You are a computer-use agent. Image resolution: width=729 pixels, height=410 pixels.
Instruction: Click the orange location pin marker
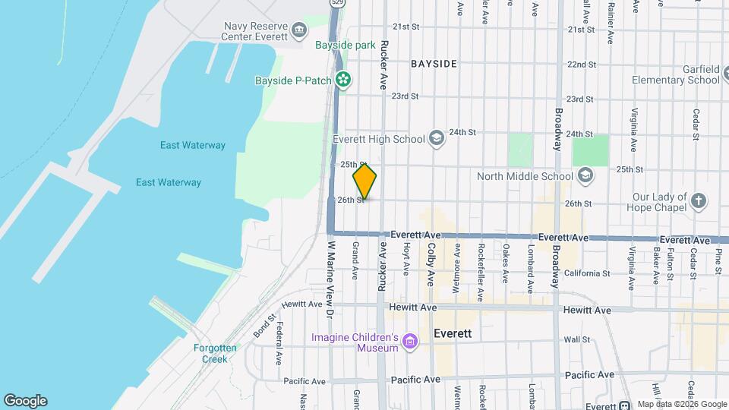click(364, 181)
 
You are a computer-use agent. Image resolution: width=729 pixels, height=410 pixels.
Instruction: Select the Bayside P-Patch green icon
click(343, 79)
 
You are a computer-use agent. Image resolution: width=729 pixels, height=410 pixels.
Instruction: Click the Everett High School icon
click(436, 138)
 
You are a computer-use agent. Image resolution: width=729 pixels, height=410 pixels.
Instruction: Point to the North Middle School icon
click(585, 176)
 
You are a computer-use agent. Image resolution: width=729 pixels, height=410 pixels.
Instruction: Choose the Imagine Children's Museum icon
click(410, 342)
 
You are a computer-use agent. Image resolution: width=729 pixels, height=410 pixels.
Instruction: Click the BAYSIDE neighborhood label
click(434, 65)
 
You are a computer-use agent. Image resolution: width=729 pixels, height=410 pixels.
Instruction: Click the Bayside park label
click(346, 46)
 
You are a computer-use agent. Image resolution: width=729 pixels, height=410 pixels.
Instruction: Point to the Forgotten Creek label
click(215, 353)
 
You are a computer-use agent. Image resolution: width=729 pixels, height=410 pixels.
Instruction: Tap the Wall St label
click(577, 339)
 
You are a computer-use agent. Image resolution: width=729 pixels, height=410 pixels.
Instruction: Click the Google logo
click(25, 401)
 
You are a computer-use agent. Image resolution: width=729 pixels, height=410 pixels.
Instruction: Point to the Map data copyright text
click(681, 404)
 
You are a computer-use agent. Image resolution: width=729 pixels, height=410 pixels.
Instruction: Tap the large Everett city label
click(453, 333)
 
